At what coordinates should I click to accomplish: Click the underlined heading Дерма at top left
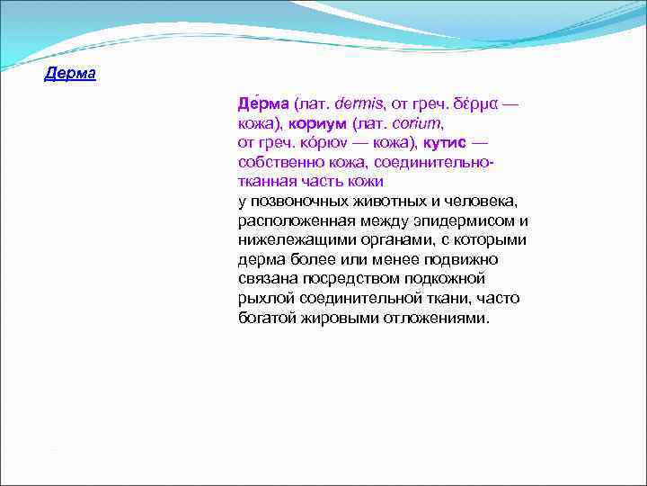click(x=70, y=74)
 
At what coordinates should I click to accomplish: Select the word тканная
click(x=268, y=181)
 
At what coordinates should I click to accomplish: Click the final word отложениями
click(x=441, y=319)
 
